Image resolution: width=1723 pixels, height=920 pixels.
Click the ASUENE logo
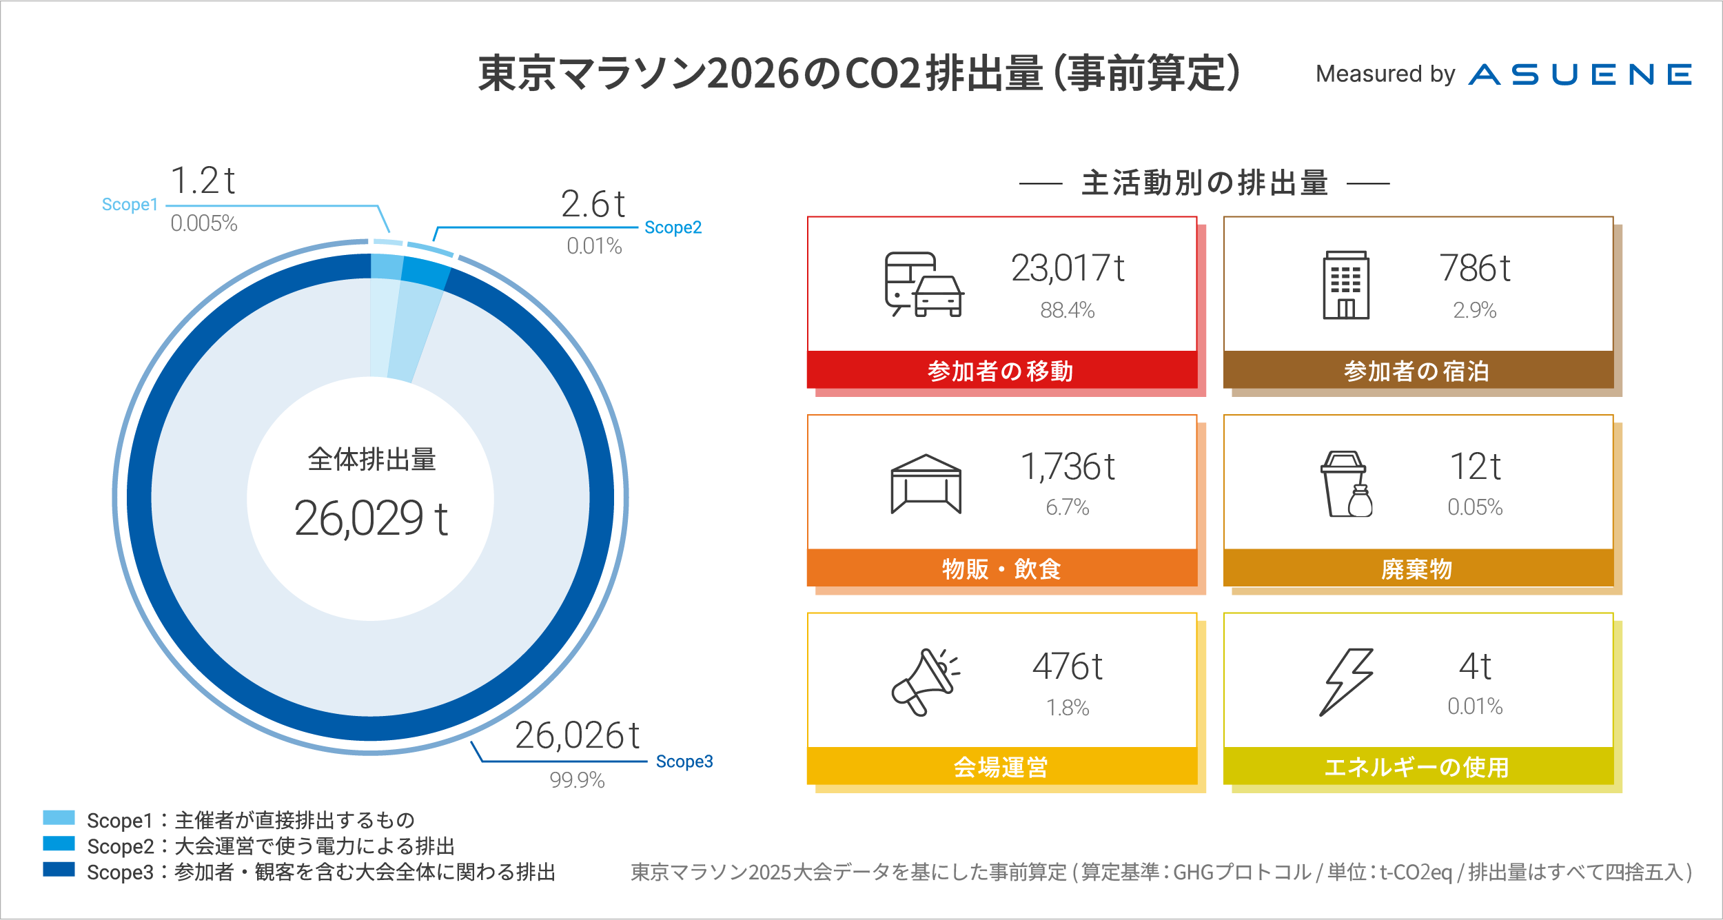point(1580,74)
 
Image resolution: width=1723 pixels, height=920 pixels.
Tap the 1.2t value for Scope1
point(203,181)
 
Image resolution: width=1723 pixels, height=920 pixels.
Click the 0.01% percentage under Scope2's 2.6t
point(594,246)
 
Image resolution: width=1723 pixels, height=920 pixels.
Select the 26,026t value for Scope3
point(577,735)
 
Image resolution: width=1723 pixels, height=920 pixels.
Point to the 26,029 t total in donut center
point(371,518)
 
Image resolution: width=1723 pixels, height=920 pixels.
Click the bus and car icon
point(924,284)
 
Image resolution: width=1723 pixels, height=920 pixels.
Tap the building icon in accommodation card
point(1345,285)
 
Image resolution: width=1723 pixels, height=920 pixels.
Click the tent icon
point(926,484)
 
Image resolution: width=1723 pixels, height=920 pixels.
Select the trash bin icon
point(1346,484)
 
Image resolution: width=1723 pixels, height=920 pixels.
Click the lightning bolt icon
point(1346,682)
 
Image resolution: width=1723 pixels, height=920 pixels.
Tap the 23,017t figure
point(1068,269)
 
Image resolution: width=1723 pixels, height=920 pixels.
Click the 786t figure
point(1474,269)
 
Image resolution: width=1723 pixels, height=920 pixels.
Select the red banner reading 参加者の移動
point(1001,371)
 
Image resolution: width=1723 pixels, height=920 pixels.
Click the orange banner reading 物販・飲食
point(1001,569)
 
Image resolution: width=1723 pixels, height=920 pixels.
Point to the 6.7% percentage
point(1067,508)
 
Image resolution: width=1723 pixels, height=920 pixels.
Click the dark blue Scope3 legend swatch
point(59,869)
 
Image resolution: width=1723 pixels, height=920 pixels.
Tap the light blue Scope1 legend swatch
point(59,817)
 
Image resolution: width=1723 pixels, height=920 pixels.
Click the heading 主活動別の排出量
point(1205,183)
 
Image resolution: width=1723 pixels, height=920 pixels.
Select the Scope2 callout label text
point(673,227)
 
